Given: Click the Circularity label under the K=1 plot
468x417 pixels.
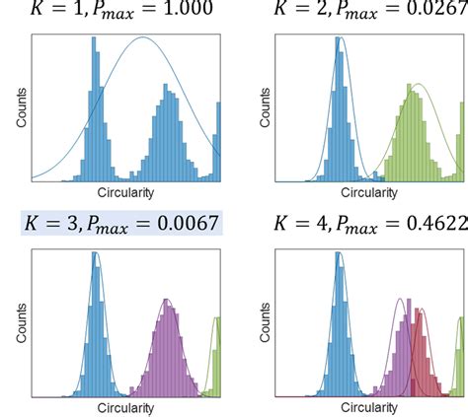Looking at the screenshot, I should click(128, 190).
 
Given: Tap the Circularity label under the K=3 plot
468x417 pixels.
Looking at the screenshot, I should click(128, 404).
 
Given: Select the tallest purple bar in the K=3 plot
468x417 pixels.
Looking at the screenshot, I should click(168, 350).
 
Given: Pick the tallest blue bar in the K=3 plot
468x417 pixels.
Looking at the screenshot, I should click(95, 325).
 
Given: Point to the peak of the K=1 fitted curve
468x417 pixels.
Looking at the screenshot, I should click(144, 37).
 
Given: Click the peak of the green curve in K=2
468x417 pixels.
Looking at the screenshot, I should click(419, 84).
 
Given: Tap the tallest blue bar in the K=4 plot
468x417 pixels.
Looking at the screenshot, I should click(339, 325).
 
